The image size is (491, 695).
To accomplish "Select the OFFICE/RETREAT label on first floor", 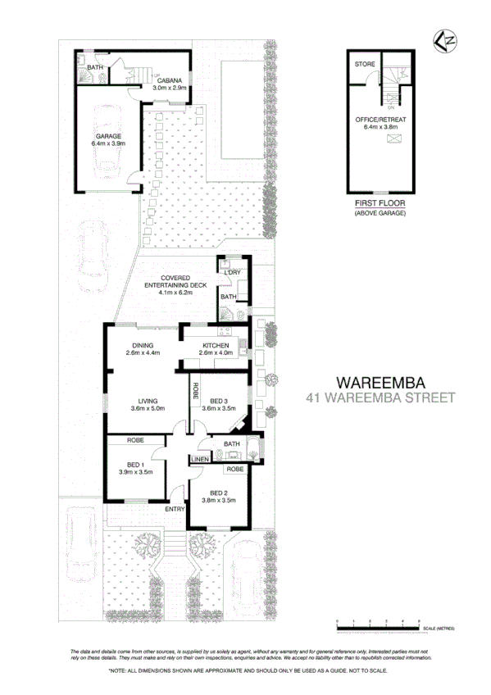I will pyautogui.click(x=380, y=120).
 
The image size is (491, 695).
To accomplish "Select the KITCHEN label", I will pyautogui.click(x=216, y=346).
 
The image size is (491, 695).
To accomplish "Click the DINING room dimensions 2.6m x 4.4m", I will pyautogui.click(x=143, y=353).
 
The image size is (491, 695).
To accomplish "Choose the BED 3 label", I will pyautogui.click(x=218, y=401).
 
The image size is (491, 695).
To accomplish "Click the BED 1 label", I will pyautogui.click(x=136, y=464).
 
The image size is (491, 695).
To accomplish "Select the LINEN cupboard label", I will pyautogui.click(x=201, y=460).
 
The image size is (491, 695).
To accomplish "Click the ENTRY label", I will pyautogui.click(x=174, y=509).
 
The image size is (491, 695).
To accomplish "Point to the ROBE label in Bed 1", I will pyautogui.click(x=136, y=440).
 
